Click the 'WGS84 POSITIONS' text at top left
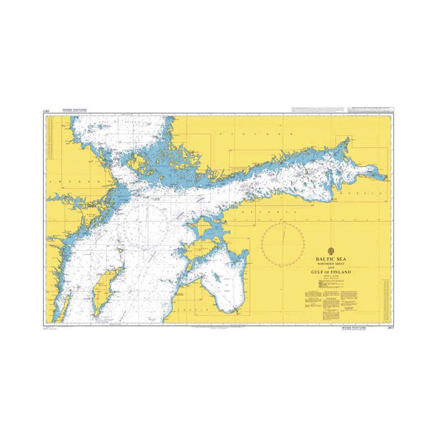[x=75, y=109]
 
